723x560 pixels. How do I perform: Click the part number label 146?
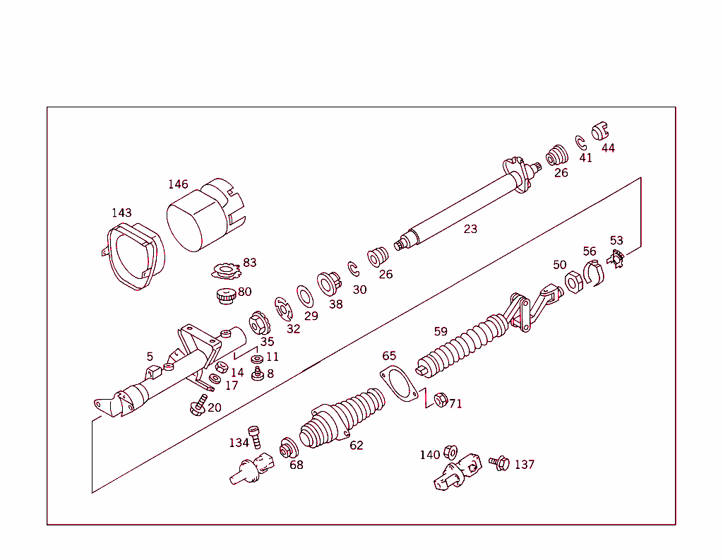(178, 184)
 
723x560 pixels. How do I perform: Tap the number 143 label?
(121, 213)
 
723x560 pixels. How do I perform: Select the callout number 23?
(470, 229)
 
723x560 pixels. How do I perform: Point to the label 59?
(441, 331)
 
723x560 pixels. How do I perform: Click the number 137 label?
(525, 465)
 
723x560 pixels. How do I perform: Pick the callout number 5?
(150, 356)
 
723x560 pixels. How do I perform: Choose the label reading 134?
(239, 443)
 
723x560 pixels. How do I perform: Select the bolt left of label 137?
(499, 463)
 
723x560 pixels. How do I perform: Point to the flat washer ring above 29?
(305, 294)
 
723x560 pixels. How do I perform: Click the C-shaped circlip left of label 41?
(580, 141)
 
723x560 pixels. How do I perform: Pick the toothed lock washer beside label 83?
(227, 269)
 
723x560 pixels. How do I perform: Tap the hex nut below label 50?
(573, 282)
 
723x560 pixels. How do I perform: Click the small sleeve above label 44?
(599, 131)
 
